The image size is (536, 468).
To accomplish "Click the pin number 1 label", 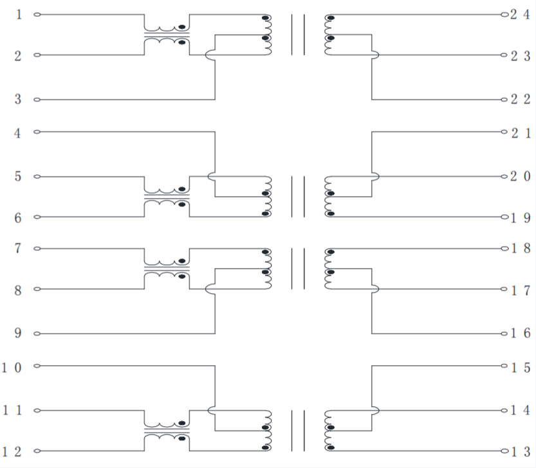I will pos(19,14).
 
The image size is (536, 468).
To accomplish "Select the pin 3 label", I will pos(19,99).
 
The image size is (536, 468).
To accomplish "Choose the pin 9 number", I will pos(19,333).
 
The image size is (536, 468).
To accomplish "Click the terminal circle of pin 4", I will pos(37,132).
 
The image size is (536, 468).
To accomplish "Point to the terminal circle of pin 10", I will pos(37,366).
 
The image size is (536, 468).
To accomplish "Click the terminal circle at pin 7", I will pos(37,248).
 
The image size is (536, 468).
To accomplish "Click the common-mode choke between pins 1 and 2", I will pos(167,35).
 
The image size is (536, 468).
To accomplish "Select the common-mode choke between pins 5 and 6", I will pos(167,197).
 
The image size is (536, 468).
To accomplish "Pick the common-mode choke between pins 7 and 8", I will pos(167,269).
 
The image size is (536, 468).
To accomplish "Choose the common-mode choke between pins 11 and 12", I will pos(167,431).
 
